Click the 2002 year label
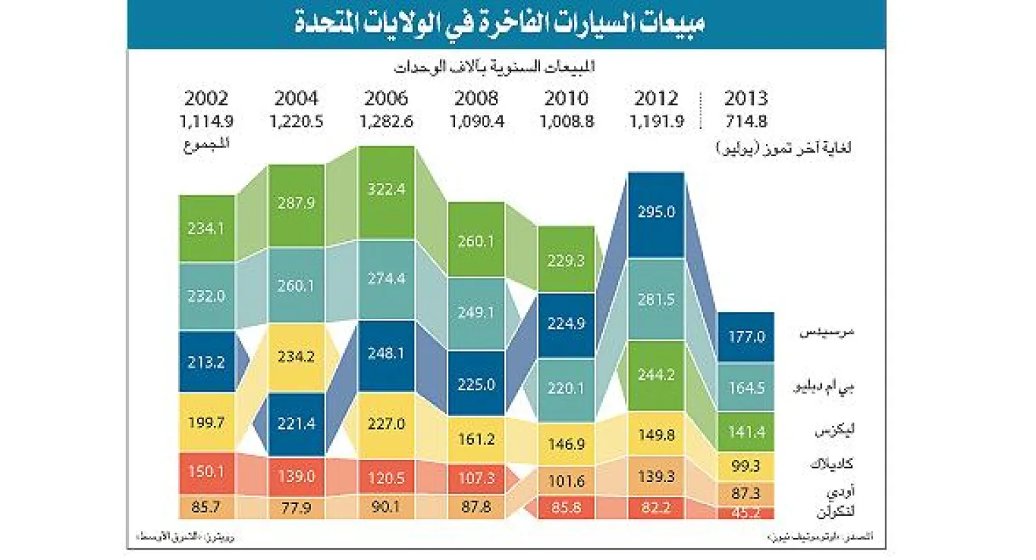pos(206,97)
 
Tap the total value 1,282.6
pos(387,121)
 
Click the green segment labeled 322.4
pos(387,189)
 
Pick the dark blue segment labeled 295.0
pos(656,213)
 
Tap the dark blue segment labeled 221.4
pos(297,423)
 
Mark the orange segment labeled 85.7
pos(207,507)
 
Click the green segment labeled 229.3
pos(566,260)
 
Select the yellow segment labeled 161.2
pos(477,438)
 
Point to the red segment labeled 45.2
pos(746,513)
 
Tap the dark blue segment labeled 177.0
pos(746,337)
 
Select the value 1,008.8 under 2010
pos(566,121)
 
